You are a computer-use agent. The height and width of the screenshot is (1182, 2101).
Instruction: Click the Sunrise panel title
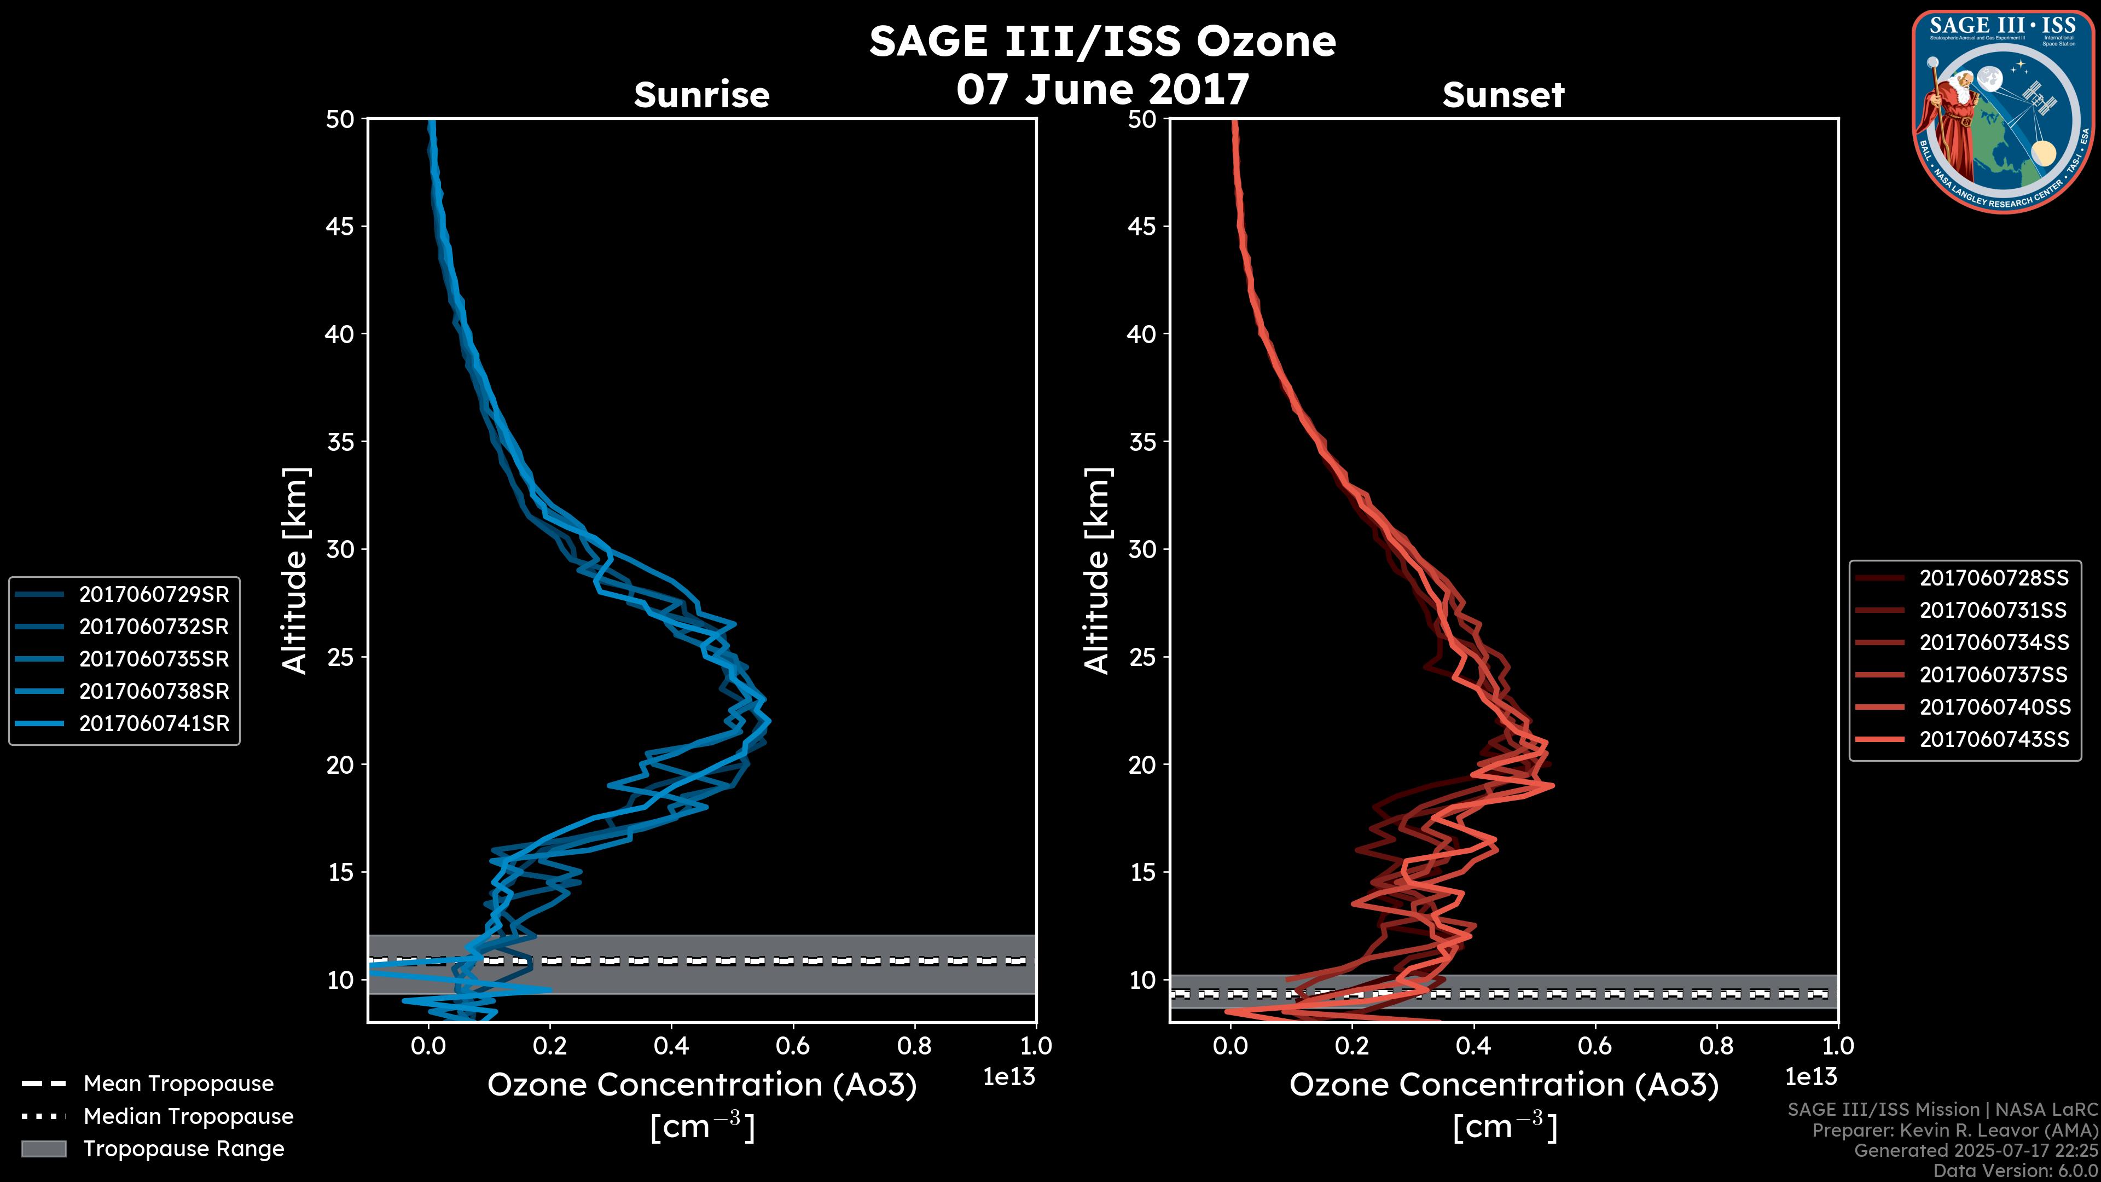coord(701,95)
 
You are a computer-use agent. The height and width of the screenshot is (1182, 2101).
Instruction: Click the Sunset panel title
coord(1503,95)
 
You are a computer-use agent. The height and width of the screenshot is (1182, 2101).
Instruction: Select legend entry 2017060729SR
coord(153,595)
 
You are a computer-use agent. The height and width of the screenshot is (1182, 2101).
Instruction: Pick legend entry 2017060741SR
coord(153,723)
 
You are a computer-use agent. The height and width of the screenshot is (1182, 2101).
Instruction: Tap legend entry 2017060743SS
coord(1993,739)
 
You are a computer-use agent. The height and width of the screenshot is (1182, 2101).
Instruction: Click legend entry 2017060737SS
coord(1993,675)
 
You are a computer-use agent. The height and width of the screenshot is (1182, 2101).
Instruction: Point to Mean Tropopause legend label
coord(178,1084)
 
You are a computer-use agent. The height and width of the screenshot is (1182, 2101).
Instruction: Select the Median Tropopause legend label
coord(188,1116)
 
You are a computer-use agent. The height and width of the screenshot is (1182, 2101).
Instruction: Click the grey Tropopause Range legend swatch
coord(43,1149)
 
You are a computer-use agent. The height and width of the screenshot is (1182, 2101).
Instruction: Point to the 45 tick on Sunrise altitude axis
coord(340,227)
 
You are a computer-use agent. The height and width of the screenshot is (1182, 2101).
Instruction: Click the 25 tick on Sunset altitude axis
coord(1142,657)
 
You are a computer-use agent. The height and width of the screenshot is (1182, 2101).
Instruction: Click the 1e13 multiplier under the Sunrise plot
coord(1008,1077)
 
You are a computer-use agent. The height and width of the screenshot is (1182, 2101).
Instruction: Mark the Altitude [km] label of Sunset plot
coord(1098,571)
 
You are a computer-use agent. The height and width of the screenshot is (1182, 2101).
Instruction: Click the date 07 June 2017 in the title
coord(1102,89)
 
